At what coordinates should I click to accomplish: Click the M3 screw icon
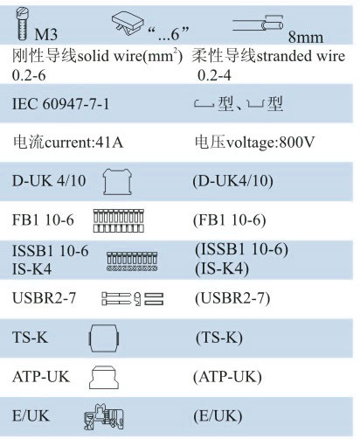tap(22, 24)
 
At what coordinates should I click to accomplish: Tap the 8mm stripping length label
tap(306, 38)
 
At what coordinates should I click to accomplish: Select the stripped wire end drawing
tap(258, 24)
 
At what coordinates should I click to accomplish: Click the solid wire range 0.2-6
tap(29, 75)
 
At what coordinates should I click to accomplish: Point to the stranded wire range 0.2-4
tap(214, 75)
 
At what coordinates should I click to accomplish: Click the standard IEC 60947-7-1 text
tap(60, 104)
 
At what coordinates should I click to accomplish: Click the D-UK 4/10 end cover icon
tap(117, 182)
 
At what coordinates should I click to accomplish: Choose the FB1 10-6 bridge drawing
tap(119, 220)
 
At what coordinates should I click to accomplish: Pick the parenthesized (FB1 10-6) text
tap(230, 220)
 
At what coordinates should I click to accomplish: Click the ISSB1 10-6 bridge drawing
tap(132, 261)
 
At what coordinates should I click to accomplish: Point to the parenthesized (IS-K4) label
tap(222, 268)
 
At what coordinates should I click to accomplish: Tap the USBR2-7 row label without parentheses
tap(44, 298)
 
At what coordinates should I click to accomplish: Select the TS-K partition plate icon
tap(104, 338)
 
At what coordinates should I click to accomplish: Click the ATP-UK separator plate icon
tap(104, 377)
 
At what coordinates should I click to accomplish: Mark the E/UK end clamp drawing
tap(104, 417)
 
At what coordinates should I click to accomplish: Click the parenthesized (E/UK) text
tap(218, 415)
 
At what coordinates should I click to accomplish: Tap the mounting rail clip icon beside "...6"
tap(128, 24)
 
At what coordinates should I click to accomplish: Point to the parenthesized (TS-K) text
tap(219, 338)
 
